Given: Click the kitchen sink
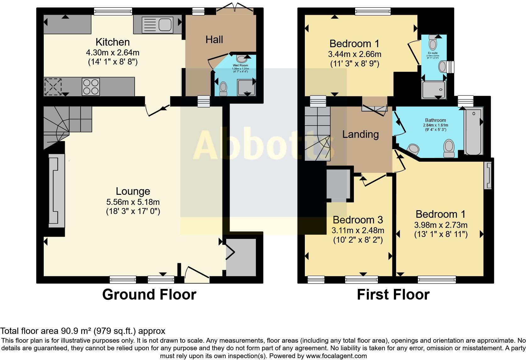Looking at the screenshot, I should (158, 25).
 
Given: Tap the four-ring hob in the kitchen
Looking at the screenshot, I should (91, 87).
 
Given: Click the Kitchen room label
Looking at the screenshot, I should (112, 42).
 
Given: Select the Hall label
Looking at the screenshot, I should (214, 39).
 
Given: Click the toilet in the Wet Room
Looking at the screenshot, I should (223, 88).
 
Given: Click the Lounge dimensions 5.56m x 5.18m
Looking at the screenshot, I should (133, 202).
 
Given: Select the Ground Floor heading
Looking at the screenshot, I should (149, 295).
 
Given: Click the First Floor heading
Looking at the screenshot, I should (393, 295).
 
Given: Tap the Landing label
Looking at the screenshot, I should (360, 134).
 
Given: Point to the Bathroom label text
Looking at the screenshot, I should (435, 120).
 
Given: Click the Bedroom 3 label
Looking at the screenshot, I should (358, 220).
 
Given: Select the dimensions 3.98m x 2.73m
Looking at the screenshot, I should (440, 225).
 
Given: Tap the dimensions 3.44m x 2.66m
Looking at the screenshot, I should (355, 54).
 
